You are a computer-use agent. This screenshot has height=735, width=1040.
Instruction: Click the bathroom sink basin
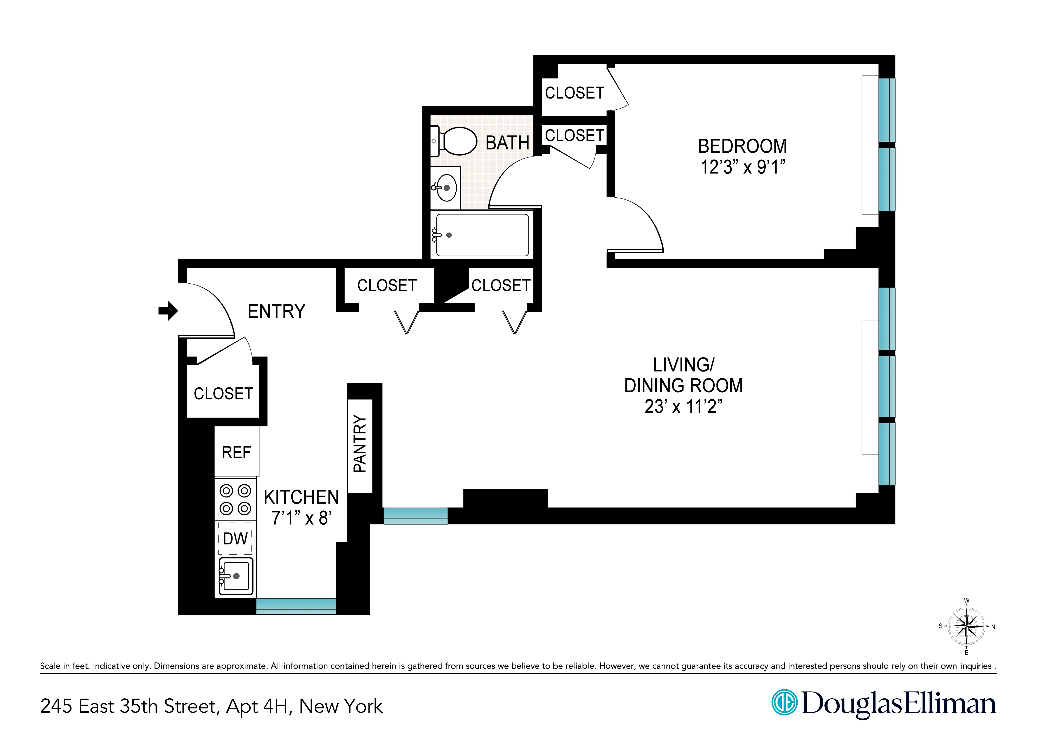[447, 187]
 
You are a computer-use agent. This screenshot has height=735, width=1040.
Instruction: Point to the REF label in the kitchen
[236, 452]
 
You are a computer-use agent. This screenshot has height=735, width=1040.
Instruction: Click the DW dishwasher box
[235, 538]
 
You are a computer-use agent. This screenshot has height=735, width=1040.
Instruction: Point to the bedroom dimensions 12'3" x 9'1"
[742, 167]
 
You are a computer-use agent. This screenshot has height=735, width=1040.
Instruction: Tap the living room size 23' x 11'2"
[683, 407]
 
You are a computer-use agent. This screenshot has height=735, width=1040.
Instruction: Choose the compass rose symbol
[966, 627]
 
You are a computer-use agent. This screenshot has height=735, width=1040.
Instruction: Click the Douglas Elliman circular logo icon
[784, 703]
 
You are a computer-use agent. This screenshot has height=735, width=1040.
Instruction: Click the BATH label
[507, 143]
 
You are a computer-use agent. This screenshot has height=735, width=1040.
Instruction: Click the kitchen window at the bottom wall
[296, 606]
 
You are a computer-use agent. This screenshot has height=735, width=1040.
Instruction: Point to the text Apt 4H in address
[257, 706]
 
